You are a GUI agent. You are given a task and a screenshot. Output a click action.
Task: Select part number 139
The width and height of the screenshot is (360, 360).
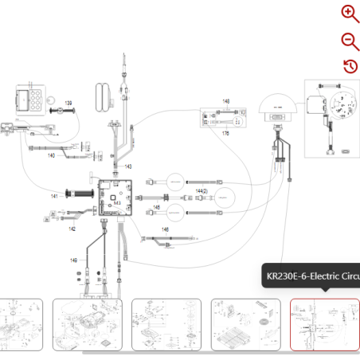point(68,104)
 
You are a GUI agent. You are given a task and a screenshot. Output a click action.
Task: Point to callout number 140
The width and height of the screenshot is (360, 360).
point(50,155)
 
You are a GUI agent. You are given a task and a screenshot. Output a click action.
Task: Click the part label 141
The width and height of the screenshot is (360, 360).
point(55,195)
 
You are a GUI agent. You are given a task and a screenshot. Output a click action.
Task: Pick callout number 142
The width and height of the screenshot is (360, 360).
point(72,229)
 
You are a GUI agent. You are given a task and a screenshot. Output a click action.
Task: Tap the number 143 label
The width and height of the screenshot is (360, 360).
point(127,166)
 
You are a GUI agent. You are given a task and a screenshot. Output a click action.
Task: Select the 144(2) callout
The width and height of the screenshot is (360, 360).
point(202,192)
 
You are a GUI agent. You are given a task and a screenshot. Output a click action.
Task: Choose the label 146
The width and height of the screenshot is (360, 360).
point(165,229)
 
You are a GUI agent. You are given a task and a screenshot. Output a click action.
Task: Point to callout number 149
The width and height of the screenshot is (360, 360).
point(73,260)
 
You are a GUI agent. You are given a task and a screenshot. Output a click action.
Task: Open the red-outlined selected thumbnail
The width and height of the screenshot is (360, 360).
point(324,324)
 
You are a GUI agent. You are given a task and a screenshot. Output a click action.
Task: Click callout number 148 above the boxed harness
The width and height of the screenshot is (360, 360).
point(225,102)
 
